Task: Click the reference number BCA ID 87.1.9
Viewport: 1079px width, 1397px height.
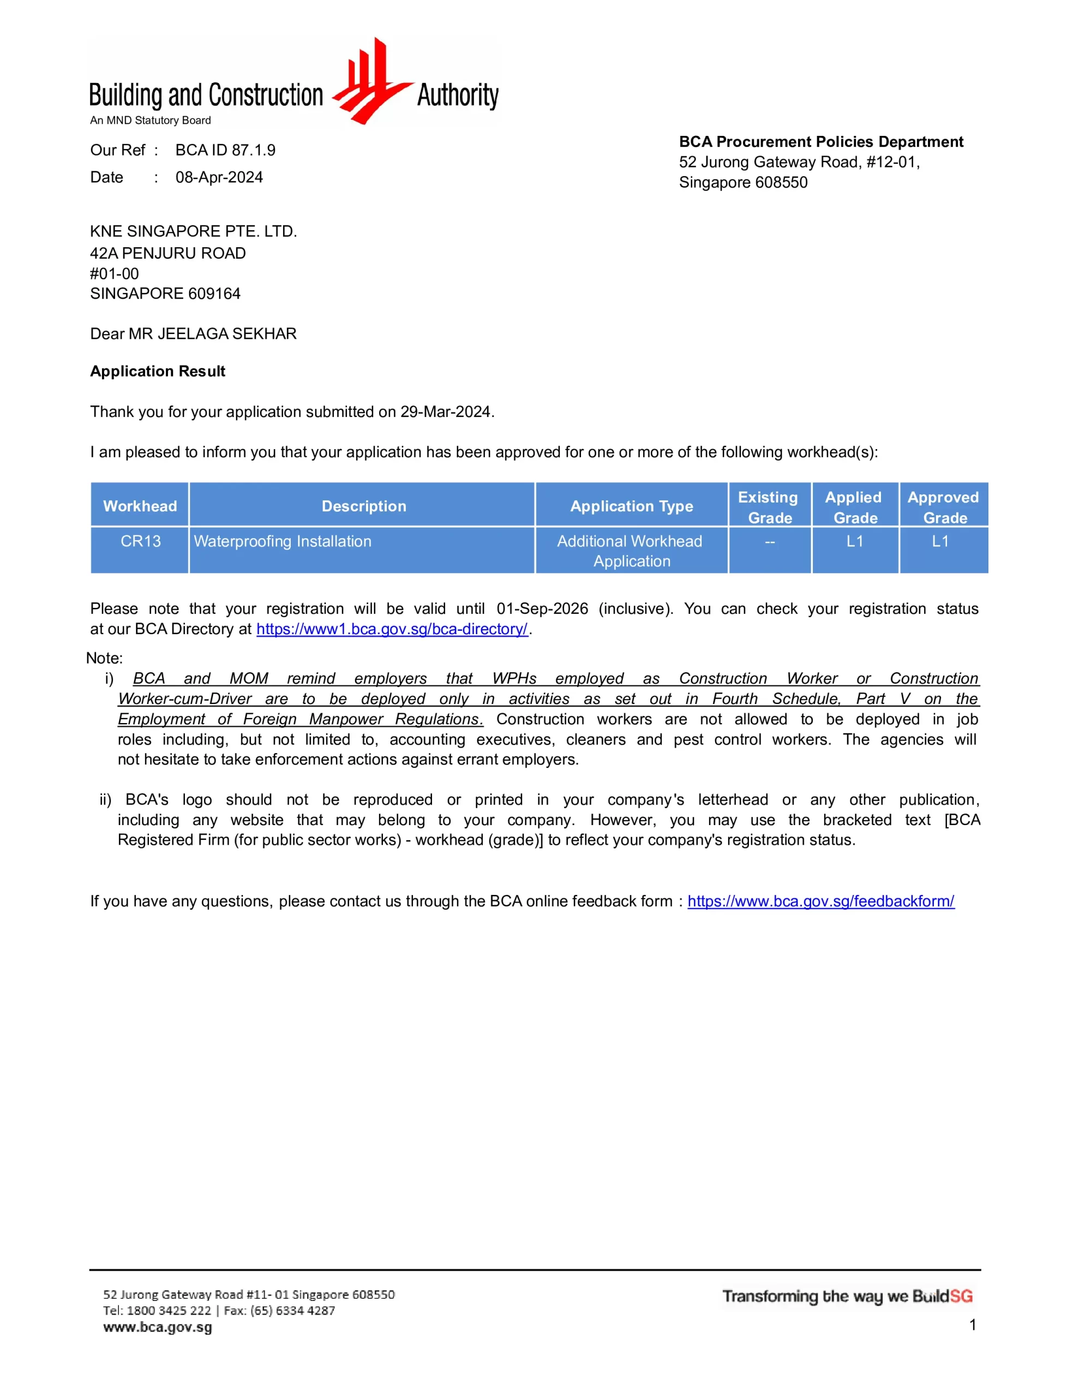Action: (225, 150)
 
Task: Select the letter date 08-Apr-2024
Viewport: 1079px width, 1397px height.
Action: (219, 177)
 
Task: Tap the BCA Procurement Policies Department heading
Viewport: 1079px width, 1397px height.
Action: (820, 142)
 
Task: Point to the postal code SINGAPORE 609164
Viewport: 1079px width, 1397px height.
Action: (165, 294)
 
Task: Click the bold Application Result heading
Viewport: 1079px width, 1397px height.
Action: (157, 372)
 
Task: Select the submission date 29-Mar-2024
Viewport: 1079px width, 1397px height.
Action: (446, 412)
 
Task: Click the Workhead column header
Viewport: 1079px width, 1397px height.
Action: (140, 506)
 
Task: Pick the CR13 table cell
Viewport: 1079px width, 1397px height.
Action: (141, 542)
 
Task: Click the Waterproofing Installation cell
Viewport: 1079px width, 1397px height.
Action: (282, 542)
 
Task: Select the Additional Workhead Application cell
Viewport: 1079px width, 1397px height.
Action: (631, 551)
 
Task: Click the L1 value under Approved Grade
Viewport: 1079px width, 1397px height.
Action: (940, 542)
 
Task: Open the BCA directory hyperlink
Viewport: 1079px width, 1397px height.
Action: (392, 629)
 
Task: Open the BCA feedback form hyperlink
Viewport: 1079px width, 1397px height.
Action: (820, 902)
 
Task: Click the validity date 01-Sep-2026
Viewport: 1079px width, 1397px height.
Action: (542, 609)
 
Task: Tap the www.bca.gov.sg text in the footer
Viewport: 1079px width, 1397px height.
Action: (157, 1328)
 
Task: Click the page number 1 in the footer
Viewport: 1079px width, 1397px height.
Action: (972, 1326)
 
